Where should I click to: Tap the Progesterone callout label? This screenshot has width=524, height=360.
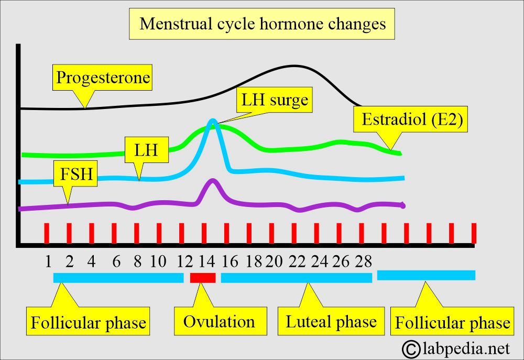[x=103, y=78]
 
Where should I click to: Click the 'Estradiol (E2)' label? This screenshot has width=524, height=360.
[x=410, y=119]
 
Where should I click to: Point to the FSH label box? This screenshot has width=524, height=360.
[x=75, y=174]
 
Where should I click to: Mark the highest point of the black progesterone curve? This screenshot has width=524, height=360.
[x=294, y=66]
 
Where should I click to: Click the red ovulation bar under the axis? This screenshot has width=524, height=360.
[x=203, y=278]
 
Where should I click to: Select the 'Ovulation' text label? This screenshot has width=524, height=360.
[x=219, y=321]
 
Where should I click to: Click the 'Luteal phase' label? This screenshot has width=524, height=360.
[x=331, y=321]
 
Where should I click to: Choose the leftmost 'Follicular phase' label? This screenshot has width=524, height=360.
[x=88, y=322]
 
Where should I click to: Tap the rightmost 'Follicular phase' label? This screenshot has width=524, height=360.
[x=452, y=322]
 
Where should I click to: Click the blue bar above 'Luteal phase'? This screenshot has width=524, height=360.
[x=296, y=278]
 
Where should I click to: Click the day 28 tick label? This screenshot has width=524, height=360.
[x=363, y=260]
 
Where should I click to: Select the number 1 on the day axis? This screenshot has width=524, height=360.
[x=48, y=260]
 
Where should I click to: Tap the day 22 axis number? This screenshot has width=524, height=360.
[x=296, y=260]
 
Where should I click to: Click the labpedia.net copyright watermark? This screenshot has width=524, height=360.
[x=455, y=347]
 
